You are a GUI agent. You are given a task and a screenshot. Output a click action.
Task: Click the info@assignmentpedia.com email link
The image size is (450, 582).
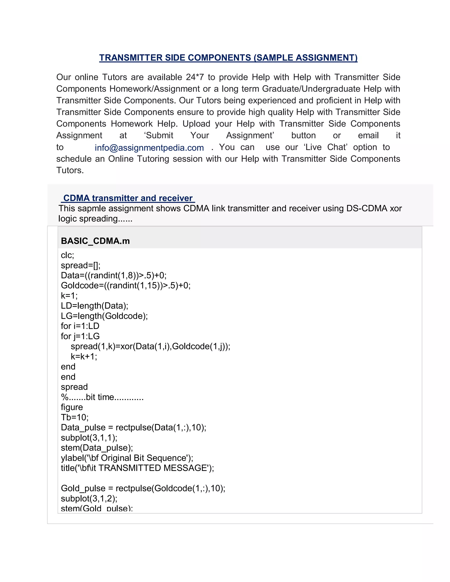pyautogui.click(x=149, y=148)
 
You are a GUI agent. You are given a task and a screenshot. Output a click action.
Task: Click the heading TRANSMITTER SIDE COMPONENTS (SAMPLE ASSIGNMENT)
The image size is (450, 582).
pyautogui.click(x=228, y=58)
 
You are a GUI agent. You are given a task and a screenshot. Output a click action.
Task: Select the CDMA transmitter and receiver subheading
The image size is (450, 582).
pyautogui.click(x=128, y=198)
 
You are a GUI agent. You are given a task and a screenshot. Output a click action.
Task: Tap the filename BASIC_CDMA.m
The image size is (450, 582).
pyautogui.click(x=95, y=241)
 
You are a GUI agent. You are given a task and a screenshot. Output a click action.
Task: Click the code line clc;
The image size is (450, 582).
pyautogui.click(x=67, y=255)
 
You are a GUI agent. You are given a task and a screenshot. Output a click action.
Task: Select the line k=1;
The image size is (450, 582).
pyautogui.click(x=69, y=296)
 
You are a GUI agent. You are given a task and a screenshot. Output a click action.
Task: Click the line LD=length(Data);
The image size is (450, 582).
pyautogui.click(x=94, y=306)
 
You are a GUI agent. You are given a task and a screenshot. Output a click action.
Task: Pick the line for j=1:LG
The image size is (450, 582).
pyautogui.click(x=80, y=336)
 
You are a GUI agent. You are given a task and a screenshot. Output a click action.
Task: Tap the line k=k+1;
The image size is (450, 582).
pyautogui.click(x=84, y=356)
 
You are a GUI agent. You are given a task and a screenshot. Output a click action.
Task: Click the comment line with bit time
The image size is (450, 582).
pyautogui.click(x=102, y=397)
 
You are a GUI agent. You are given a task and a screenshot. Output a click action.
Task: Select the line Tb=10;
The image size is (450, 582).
pyautogui.click(x=74, y=417)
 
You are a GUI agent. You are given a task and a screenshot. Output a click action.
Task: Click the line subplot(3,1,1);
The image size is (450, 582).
pyautogui.click(x=89, y=437)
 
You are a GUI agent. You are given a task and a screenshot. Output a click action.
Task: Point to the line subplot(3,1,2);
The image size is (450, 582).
pyautogui.click(x=89, y=498)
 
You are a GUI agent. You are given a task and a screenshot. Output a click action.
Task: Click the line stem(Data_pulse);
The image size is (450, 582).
pyautogui.click(x=97, y=448)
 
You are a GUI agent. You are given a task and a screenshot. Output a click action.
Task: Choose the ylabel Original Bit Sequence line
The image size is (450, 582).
pyautogui.click(x=127, y=458)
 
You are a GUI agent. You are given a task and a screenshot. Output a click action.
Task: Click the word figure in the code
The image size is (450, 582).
pyautogui.click(x=72, y=407)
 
